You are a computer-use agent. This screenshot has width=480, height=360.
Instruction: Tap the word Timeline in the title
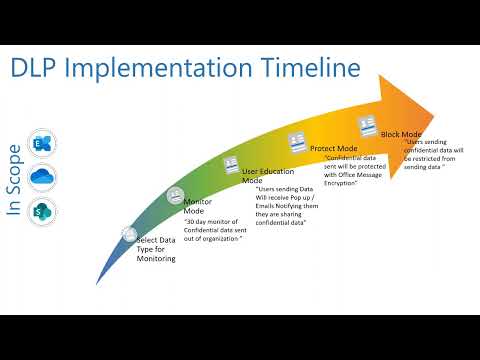300,68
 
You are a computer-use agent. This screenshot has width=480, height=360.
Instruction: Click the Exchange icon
44,140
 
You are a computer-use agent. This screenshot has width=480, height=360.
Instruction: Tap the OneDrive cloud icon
44,176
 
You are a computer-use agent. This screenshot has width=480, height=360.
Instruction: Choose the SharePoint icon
44,211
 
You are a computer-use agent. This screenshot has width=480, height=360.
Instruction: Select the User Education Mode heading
268,176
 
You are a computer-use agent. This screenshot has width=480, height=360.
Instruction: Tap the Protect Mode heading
333,148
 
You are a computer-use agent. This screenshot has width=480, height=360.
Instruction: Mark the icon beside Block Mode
366,127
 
